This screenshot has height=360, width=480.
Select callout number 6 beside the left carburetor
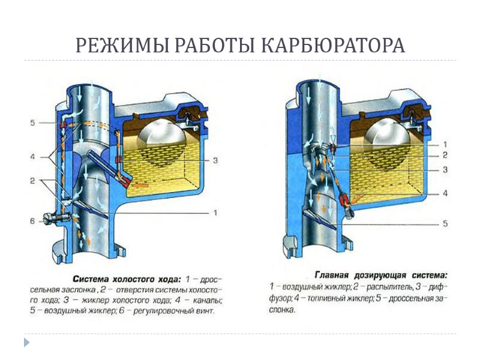(x=32, y=221)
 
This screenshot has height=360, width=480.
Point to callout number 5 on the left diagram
(x=32, y=123)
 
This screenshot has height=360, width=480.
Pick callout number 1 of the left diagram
(x=215, y=212)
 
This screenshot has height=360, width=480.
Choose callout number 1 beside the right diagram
(x=445, y=144)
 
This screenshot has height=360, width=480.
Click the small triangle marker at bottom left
(x=26, y=343)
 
